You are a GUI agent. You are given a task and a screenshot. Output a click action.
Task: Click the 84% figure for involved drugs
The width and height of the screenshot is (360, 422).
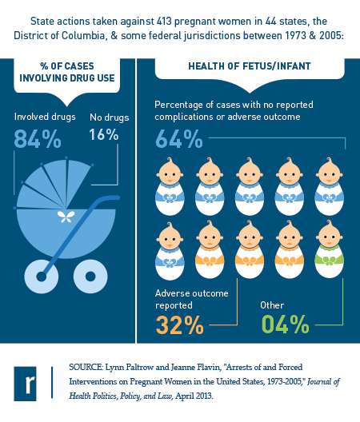click(38, 139)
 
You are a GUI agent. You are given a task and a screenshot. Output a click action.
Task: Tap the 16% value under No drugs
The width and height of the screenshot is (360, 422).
click(104, 134)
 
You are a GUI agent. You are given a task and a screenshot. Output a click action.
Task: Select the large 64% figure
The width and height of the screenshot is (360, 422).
click(179, 139)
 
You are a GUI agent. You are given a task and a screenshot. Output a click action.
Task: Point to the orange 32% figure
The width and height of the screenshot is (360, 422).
click(179, 324)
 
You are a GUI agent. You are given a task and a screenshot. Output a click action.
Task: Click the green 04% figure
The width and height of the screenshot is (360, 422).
click(285, 324)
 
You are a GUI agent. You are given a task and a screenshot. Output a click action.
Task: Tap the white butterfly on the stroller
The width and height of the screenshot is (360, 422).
click(66, 217)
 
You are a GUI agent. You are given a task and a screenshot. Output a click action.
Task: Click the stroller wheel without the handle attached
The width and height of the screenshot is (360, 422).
click(90, 276)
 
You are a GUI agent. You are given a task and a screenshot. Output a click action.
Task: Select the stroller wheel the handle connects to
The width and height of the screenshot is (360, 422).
click(42, 276)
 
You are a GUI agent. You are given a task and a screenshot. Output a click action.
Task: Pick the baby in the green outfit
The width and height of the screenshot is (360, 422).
click(329, 249)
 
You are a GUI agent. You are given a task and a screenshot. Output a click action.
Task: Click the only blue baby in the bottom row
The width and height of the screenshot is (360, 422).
click(170, 250)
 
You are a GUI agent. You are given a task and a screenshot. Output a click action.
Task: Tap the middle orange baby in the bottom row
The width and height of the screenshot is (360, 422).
click(250, 249)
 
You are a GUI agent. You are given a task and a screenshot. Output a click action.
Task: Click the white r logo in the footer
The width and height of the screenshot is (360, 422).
click(26, 384)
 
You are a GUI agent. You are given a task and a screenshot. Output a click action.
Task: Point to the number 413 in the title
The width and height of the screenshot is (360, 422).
click(164, 22)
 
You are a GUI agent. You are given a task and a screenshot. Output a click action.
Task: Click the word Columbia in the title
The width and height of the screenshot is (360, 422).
click(83, 35)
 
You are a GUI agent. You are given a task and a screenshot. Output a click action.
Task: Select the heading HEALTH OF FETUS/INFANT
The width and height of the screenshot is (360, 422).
click(250, 66)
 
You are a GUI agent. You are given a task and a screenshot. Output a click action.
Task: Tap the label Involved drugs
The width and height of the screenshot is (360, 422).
click(45, 117)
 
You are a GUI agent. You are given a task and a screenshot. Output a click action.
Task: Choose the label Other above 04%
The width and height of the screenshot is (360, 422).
click(272, 305)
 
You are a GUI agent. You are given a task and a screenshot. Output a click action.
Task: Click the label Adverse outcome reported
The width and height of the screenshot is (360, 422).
click(191, 299)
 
